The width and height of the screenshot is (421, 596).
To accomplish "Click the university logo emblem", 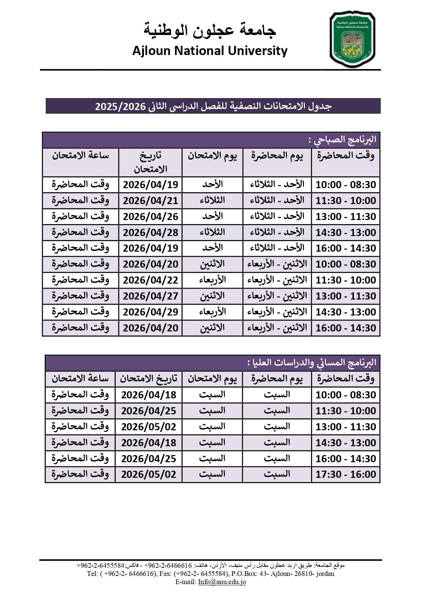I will click(352, 39).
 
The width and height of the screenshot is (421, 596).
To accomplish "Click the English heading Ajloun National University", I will click(210, 51).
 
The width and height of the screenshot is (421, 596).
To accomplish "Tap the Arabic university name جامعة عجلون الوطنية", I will click(210, 30).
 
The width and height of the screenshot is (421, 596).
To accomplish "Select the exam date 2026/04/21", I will click(150, 201).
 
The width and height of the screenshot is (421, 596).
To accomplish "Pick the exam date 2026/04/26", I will click(150, 217).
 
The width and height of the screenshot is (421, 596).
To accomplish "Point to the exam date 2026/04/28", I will click(150, 233).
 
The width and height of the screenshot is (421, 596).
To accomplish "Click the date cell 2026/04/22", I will click(150, 280).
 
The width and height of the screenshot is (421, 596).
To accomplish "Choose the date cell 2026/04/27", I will click(150, 296).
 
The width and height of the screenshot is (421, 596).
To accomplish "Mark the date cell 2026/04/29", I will click(150, 312).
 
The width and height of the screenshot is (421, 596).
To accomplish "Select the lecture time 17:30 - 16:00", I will click(346, 474).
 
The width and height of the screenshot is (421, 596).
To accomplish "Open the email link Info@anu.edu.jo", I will click(222, 582).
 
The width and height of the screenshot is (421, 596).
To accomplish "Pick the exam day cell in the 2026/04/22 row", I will click(212, 280).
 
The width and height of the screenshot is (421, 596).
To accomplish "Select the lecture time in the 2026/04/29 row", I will click(346, 312).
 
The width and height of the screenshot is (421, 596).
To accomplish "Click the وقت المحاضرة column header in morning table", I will click(346, 156).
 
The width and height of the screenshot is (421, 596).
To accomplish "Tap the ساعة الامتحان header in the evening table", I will click(80, 379).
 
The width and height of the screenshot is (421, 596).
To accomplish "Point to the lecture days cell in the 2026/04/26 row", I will click(277, 217).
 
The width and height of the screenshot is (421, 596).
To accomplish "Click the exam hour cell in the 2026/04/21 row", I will click(80, 201).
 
